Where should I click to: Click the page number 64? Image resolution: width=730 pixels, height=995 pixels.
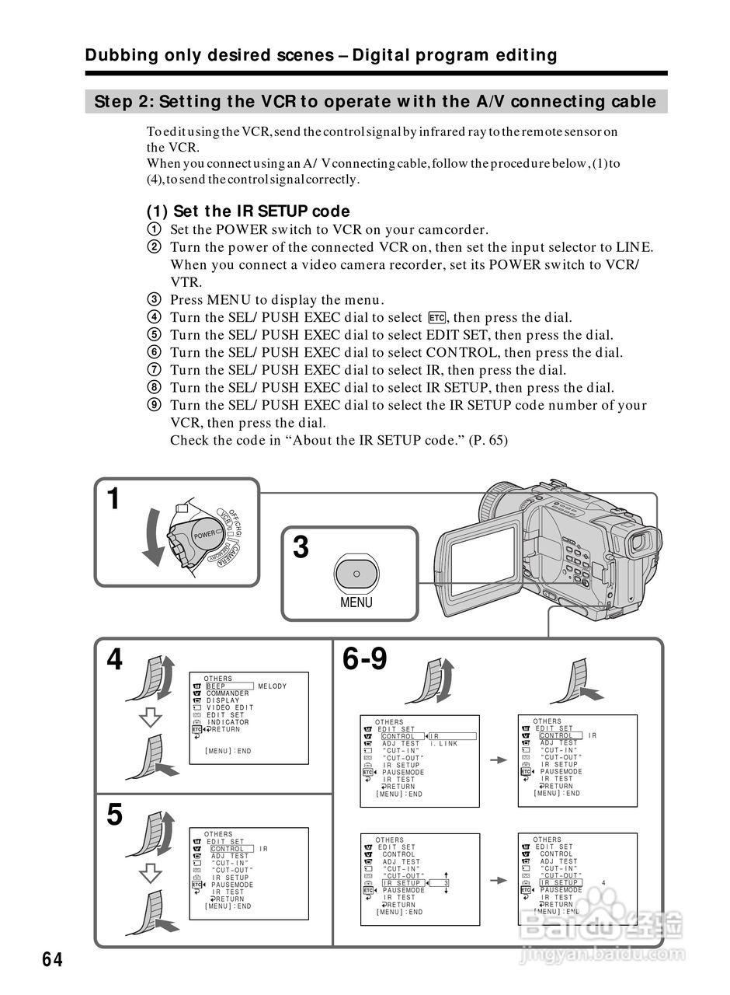[x=52, y=959]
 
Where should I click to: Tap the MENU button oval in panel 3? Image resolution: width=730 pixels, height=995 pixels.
[x=356, y=574]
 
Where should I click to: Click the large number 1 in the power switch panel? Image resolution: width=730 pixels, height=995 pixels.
[x=113, y=499]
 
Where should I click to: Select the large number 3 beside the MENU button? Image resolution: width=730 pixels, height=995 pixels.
[x=301, y=548]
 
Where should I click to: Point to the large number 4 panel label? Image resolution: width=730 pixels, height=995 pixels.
[x=114, y=660]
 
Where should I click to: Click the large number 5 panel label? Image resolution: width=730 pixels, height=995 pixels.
[x=114, y=815]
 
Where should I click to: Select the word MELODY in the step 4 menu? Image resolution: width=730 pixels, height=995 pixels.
[x=272, y=686]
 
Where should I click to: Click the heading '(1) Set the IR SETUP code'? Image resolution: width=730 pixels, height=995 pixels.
[x=249, y=211]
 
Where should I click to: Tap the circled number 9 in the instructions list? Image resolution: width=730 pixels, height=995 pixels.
[x=154, y=405]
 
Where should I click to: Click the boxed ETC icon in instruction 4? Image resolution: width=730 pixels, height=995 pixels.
[x=436, y=318]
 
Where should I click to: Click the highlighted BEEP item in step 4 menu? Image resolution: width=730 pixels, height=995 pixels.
[x=216, y=686]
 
